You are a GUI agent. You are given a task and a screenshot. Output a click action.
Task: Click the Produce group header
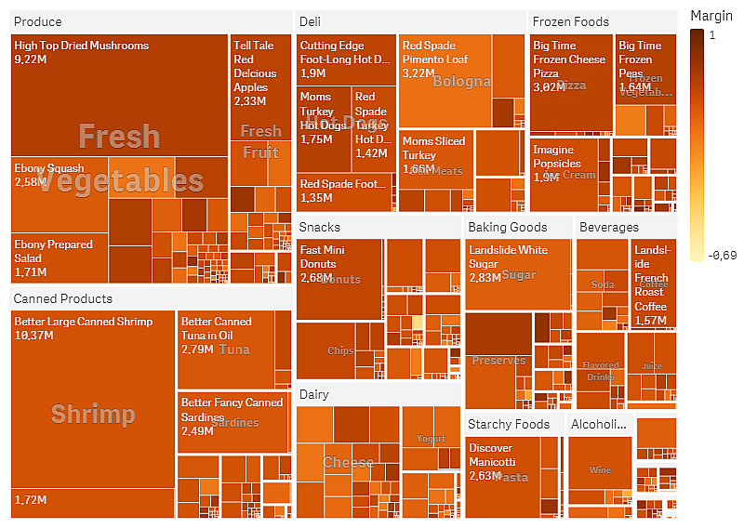click(38, 21)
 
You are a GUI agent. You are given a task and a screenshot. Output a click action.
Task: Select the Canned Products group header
click(63, 298)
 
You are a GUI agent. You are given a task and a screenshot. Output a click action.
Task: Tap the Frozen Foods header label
click(570, 21)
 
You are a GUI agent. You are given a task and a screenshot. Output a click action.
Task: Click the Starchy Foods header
click(509, 424)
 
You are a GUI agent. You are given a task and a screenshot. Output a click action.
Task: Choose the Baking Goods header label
click(507, 227)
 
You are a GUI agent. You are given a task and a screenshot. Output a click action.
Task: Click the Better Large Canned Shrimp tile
click(93, 400)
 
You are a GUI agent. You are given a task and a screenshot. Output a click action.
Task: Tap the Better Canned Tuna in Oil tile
click(226, 350)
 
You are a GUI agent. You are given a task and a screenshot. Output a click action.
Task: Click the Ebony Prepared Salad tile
click(58, 257)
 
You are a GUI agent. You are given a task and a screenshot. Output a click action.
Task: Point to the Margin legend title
click(711, 16)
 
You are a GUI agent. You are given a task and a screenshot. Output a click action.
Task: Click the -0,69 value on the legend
click(722, 256)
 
